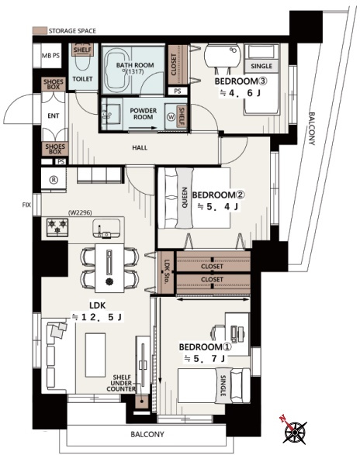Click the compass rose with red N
[x=294, y=432]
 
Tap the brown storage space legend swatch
[x=40, y=31]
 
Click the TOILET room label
[x=82, y=78]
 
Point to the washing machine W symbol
[x=171, y=117]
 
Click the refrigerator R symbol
[x=54, y=180]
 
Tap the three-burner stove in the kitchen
[x=57, y=227]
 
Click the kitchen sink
[x=106, y=228]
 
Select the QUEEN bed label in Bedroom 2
[x=184, y=198]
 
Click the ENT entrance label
[x=54, y=115]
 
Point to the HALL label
[x=140, y=147]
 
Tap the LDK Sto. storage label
[x=167, y=272]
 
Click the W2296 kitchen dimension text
[x=80, y=212]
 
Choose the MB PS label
[x=51, y=56]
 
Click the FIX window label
[x=26, y=205]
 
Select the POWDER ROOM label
[x=144, y=114]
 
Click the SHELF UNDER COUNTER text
[x=121, y=383]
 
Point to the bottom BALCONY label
[x=147, y=434]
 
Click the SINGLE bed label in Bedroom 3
[x=261, y=66]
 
